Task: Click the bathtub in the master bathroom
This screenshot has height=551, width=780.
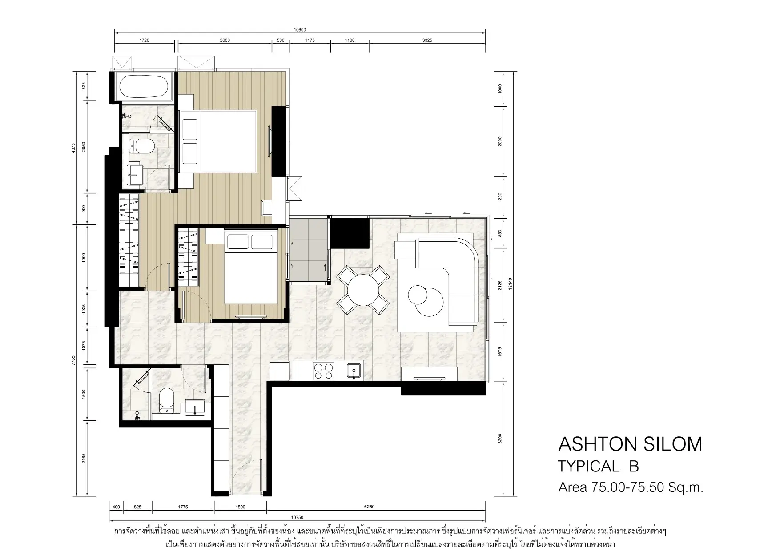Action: (x=143, y=86)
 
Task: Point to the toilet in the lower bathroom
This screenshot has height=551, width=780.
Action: (x=167, y=400)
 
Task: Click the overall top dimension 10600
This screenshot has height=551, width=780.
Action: (x=300, y=30)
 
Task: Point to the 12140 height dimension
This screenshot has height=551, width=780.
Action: (x=511, y=283)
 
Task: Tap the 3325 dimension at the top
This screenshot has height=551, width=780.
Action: (x=427, y=40)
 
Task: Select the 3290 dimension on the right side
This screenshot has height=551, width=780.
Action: (x=500, y=439)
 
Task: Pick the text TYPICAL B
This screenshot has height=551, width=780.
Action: (x=598, y=466)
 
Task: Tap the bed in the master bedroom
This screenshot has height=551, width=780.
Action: (x=218, y=141)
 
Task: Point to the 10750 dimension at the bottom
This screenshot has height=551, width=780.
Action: (x=298, y=517)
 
